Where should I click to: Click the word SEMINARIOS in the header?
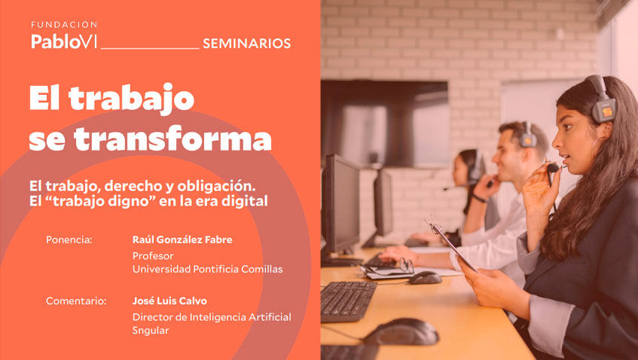pyautogui.click(x=246, y=44)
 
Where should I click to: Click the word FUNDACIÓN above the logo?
pyautogui.click(x=64, y=25)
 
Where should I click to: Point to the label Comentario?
pyautogui.click(x=75, y=301)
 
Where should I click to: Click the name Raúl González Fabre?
pyautogui.click(x=182, y=240)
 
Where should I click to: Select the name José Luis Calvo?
pyautogui.click(x=169, y=301)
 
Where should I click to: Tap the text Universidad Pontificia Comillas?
pyautogui.click(x=208, y=269)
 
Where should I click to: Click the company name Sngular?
pyautogui.click(x=151, y=330)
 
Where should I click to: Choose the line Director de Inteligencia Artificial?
pyautogui.click(x=212, y=316)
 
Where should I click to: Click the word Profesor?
pyautogui.click(x=153, y=255)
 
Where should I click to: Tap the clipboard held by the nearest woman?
pyautogui.click(x=452, y=243)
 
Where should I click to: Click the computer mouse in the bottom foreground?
pyautogui.click(x=402, y=331)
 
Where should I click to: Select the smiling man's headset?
pyautogui.click(x=527, y=136)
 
